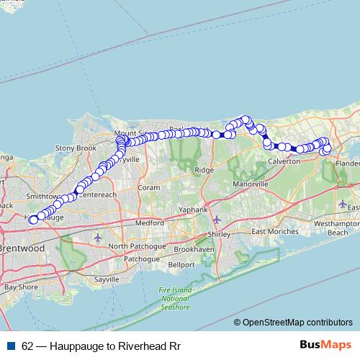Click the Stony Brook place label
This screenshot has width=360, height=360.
pyautogui.click(x=75, y=148)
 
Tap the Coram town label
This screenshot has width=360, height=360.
pyautogui.click(x=148, y=186)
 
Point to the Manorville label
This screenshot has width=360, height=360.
pyautogui.click(x=251, y=184)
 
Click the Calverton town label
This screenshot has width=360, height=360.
pyautogui.click(x=283, y=162)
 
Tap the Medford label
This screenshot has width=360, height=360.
pyautogui.click(x=149, y=223)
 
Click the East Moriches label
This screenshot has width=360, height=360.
pyautogui.click(x=274, y=232)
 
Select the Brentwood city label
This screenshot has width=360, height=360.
pyautogui.click(x=23, y=247)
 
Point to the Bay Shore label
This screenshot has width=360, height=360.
pyautogui.click(x=20, y=287)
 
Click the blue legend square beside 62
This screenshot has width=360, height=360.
pyautogui.click(x=11, y=346)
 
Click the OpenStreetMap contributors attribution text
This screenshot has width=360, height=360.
pyautogui.click(x=297, y=323)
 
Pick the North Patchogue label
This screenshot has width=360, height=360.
pyautogui.click(x=138, y=246)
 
